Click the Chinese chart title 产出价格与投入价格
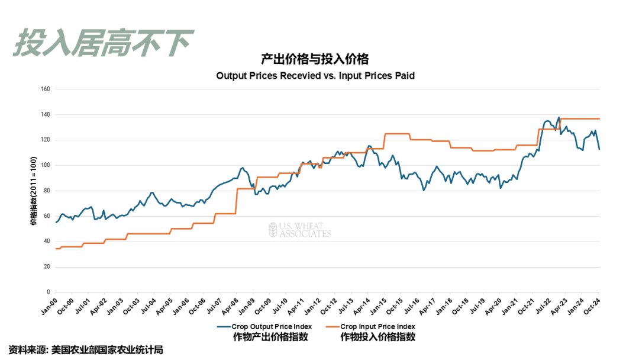(315, 59)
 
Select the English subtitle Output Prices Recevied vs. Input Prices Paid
(315, 76)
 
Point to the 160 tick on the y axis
(46, 89)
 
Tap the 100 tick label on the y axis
(46, 166)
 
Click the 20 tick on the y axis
(47, 267)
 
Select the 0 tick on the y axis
(49, 292)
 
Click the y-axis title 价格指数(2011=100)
(34, 191)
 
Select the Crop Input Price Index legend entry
(377, 326)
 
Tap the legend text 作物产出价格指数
(270, 337)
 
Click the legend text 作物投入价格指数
(377, 337)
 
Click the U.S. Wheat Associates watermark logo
(300, 230)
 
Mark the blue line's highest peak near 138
(559, 117)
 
